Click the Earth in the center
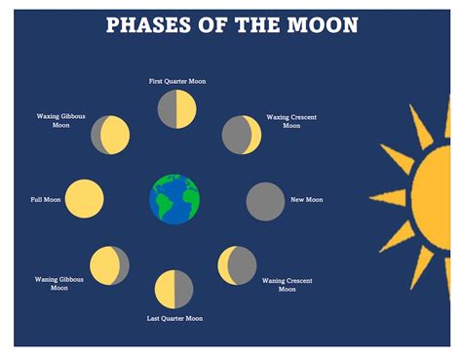pyautogui.click(x=174, y=199)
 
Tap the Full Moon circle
pyautogui.click(x=85, y=199)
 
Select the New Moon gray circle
pyautogui.click(x=264, y=201)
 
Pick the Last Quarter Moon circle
pyautogui.click(x=174, y=290)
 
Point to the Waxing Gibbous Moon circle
pyautogui.click(x=110, y=135)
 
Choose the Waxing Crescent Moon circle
pyautogui.click(x=241, y=135)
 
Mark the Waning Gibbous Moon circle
pyautogui.click(x=109, y=265)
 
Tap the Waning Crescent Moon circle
pyautogui.click(x=237, y=264)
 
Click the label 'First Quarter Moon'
pyautogui.click(x=177, y=81)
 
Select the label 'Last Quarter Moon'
pyautogui.click(x=175, y=318)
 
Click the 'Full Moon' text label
pyautogui.click(x=46, y=200)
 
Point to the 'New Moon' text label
pyautogui.click(x=306, y=200)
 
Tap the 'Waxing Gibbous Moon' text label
pyautogui.click(x=60, y=120)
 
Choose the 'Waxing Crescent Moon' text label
pyautogui.click(x=291, y=121)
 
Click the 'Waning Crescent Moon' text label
pyautogui.click(x=287, y=285)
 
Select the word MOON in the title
pyautogui.click(x=318, y=24)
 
